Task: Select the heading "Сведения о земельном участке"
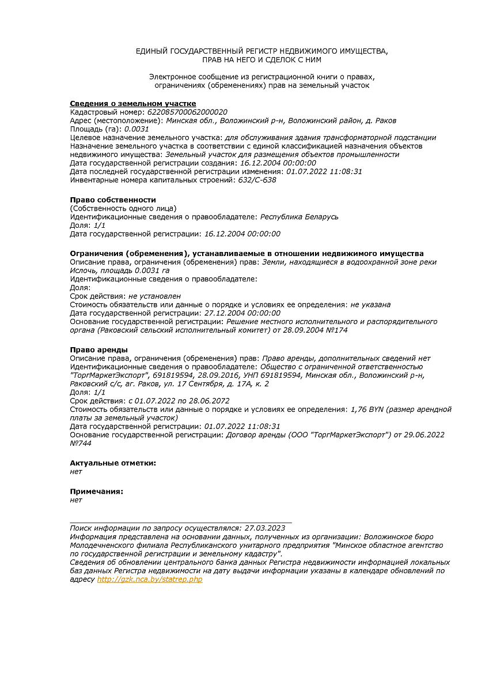coord(133,103)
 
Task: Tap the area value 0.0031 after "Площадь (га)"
coord(136,129)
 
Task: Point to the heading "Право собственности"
coord(113,200)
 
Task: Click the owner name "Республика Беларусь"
coord(300,217)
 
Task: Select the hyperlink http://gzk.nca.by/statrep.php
coord(150,580)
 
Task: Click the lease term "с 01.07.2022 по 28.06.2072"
coord(179,400)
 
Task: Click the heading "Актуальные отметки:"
coord(113,463)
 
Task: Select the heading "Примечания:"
coord(97,492)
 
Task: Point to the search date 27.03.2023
coord(265,528)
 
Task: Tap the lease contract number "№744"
coord(81,443)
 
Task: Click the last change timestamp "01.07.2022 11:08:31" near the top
coord(324,171)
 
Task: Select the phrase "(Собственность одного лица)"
coord(123,208)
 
